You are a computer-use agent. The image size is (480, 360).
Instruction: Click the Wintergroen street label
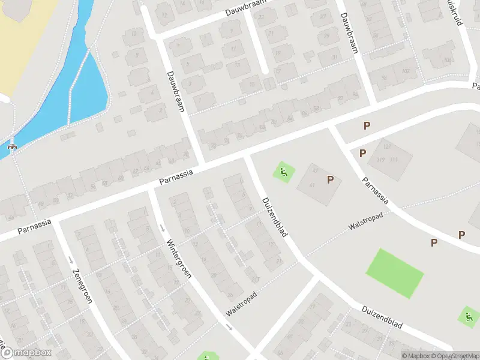point(179,260)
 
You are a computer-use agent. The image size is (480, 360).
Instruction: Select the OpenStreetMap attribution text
point(453,356)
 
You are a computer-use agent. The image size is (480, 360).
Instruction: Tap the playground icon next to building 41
point(283,173)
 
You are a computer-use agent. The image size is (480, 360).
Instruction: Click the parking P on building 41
point(330,179)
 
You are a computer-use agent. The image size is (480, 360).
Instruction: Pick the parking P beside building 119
point(362,153)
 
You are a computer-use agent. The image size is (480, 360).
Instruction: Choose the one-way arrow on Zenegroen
point(71,259)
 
